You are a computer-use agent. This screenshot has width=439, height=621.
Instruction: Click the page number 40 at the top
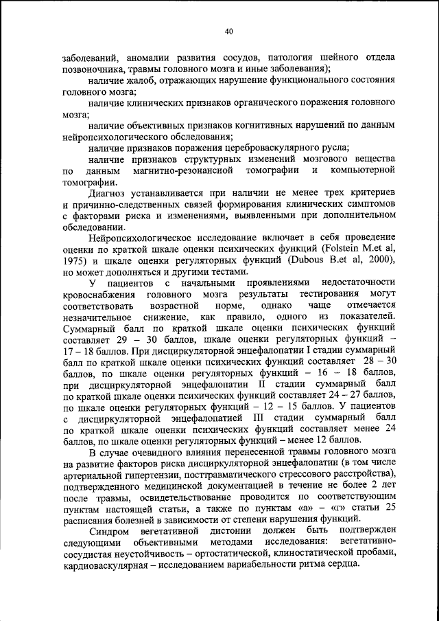229,30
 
